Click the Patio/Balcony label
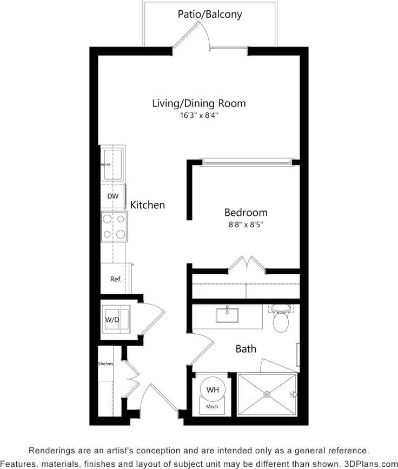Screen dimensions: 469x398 coord(210,15)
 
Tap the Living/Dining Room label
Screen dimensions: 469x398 coord(198,103)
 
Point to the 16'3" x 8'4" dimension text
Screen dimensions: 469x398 coord(198,115)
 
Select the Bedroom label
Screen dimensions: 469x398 coord(246,213)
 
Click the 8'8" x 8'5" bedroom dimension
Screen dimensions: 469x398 coord(246,224)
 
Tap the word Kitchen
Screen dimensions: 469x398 coord(147,205)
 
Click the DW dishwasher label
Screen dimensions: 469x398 coord(112,196)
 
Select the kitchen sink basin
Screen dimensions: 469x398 coord(113,164)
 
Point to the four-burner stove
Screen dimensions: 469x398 coord(114,226)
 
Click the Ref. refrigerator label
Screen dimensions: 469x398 coord(115,279)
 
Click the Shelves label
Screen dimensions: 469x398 coord(105,364)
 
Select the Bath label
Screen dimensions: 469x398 coord(246,349)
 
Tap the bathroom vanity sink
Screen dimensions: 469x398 coord(228,315)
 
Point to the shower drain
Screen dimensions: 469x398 coord(267,395)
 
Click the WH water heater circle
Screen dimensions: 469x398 coord(211,389)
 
